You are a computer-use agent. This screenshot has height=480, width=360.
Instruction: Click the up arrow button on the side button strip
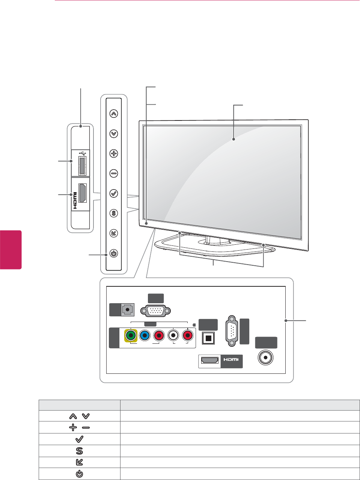click(x=114, y=113)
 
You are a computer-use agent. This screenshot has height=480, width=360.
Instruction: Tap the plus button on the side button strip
click(x=114, y=153)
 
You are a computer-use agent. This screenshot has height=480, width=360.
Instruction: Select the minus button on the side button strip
click(x=114, y=173)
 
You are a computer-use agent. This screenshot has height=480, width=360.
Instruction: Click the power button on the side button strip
click(x=114, y=253)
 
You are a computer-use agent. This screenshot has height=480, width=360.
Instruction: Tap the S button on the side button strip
click(x=114, y=214)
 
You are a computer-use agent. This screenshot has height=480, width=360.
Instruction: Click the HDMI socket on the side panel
click(x=83, y=193)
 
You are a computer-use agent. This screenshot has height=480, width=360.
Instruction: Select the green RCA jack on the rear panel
click(x=131, y=335)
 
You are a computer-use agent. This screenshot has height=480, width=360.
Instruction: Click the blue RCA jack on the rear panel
click(x=145, y=335)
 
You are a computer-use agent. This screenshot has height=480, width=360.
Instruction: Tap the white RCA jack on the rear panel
click(x=173, y=335)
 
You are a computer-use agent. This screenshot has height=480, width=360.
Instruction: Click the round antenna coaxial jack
click(x=266, y=358)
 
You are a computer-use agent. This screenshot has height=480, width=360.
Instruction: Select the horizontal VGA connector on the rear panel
click(x=155, y=311)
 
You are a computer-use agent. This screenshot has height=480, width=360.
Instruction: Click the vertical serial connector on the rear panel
click(x=232, y=330)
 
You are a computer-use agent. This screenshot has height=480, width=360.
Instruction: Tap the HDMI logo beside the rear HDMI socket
click(x=231, y=360)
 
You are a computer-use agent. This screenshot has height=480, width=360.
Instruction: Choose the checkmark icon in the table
click(x=79, y=439)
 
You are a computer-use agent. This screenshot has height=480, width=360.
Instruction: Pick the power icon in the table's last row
click(x=79, y=474)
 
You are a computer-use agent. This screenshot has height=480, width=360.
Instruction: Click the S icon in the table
click(x=79, y=451)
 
